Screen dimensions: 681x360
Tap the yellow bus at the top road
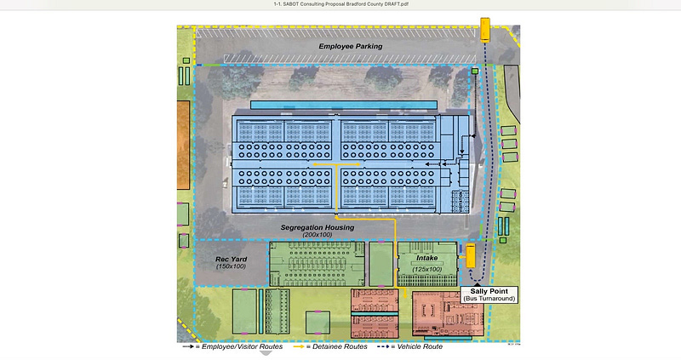point(485,30)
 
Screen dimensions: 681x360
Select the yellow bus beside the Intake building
point(469,254)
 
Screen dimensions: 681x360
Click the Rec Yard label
point(231,259)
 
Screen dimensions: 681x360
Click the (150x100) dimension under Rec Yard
point(231,267)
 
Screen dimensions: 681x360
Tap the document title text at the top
point(340,5)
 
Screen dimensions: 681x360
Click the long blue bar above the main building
point(344,104)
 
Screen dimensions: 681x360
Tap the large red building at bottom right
point(448,313)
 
